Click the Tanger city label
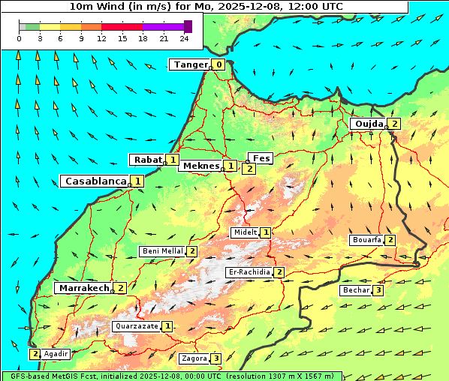[190, 64]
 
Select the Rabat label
[147, 160]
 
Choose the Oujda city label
[368, 124]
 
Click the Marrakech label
[83, 288]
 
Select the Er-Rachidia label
[249, 272]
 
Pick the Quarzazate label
[136, 327]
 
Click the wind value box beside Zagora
[217, 358]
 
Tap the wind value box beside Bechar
[378, 290]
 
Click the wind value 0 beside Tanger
[218, 64]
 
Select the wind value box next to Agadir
[35, 354]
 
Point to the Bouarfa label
[366, 240]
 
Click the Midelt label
[245, 233]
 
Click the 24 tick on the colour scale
[183, 38]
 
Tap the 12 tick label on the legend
[101, 38]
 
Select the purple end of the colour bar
[188, 26]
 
